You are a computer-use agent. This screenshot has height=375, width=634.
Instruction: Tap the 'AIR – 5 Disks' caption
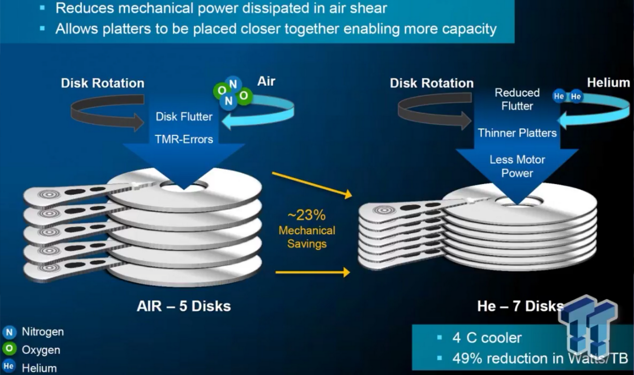click(x=183, y=306)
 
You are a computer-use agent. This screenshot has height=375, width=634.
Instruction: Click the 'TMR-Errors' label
click(x=184, y=139)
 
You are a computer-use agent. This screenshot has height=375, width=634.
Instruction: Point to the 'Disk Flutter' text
click(x=184, y=117)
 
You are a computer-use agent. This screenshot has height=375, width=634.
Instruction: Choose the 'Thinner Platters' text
click(x=517, y=133)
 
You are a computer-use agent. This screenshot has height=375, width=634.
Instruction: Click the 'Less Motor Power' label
click(x=517, y=166)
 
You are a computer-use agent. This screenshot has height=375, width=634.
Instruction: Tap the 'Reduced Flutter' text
click(x=517, y=99)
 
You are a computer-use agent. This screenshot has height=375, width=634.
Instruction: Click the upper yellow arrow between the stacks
click(x=312, y=184)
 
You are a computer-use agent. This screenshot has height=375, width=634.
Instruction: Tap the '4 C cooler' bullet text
click(x=487, y=338)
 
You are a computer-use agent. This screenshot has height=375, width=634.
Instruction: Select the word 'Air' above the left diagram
click(x=266, y=81)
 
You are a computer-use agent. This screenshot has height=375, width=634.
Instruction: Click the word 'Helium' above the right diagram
click(x=608, y=82)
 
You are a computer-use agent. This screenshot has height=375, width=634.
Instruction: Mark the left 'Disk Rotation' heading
click(x=103, y=83)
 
